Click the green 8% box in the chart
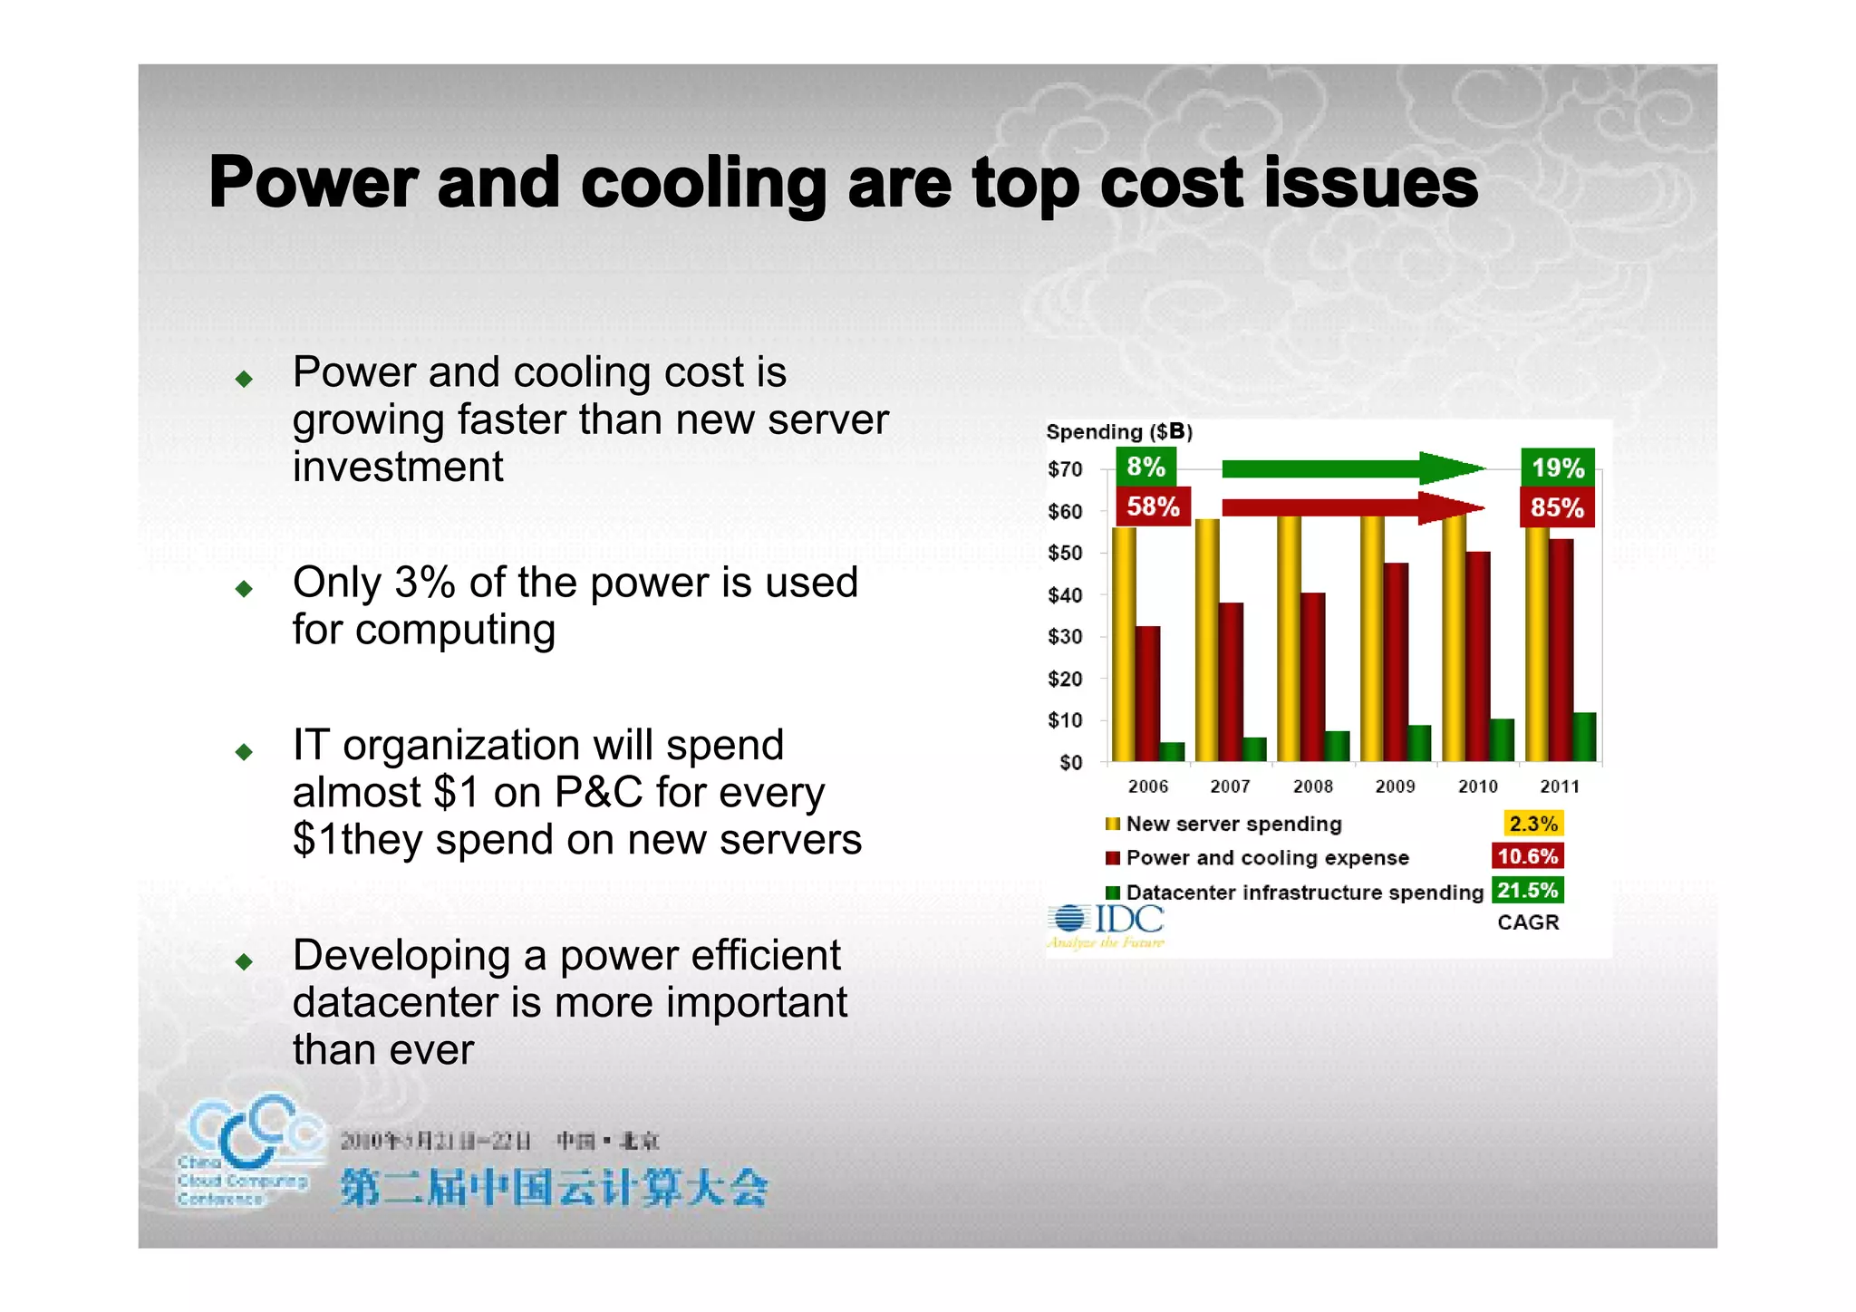pos(1145,467)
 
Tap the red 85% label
pos(1556,507)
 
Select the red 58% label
pos(1152,506)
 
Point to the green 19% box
pos(1557,468)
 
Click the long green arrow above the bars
pos(1350,468)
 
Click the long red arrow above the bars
pos(1350,507)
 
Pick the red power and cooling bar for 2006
pos(1147,693)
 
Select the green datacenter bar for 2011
pos(1583,737)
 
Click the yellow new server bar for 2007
pos(1206,639)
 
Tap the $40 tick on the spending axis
pos(1065,595)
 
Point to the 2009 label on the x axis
pos(1395,786)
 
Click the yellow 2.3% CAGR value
pos(1532,824)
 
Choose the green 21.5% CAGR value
pos(1527,891)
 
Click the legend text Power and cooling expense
pos(1267,858)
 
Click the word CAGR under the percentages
pos(1528,922)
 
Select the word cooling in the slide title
pos(703,184)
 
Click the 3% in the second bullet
pos(424,583)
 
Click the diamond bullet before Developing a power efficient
pos(243,961)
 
